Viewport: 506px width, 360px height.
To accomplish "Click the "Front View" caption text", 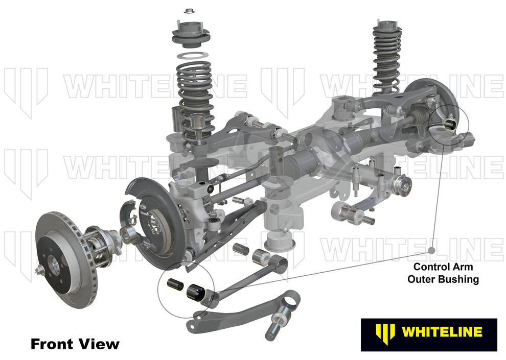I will [x=75, y=344].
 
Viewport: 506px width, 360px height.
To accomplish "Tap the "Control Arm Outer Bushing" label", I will [x=443, y=273].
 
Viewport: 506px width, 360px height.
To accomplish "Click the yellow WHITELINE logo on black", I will [x=428, y=332].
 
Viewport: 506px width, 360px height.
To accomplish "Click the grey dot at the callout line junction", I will [x=432, y=251].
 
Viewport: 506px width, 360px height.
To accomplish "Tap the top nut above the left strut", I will [x=191, y=10].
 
